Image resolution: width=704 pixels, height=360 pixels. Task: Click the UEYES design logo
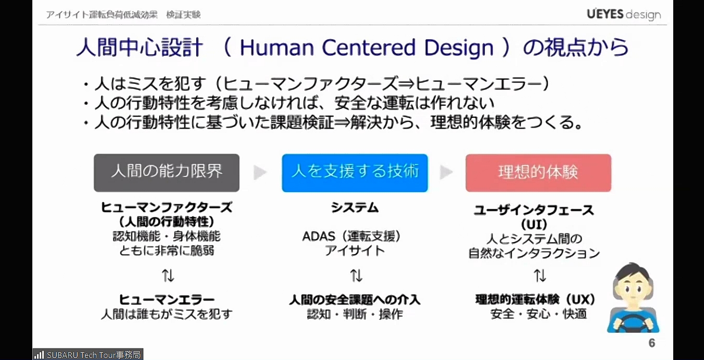pos(623,14)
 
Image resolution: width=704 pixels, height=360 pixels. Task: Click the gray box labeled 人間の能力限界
pos(166,172)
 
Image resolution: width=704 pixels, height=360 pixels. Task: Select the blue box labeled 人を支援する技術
pos(355,172)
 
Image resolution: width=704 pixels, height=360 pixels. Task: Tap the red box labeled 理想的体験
pos(538,172)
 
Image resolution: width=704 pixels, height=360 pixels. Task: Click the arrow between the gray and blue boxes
pos(260,173)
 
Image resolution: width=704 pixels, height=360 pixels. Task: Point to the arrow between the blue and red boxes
pos(446,173)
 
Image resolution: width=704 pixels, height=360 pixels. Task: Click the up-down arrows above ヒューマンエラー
pos(167,275)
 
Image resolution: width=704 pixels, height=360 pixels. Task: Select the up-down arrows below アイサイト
pos(356,275)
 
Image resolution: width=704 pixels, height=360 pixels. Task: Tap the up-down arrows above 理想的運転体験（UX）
pos(540,275)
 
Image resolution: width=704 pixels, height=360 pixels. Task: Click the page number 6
pos(651,343)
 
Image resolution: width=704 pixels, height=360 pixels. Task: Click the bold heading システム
pos(355,208)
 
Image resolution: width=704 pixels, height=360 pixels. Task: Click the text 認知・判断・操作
pos(355,314)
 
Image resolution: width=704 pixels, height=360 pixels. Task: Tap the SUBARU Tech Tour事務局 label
pos(88,355)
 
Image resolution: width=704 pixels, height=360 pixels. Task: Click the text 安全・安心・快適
pos(539,314)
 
